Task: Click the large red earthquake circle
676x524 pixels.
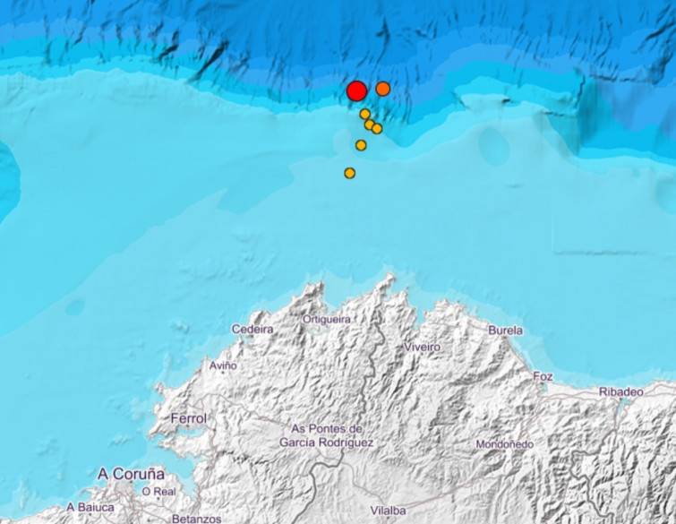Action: pos(355,90)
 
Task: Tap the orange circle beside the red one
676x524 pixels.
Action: pos(383,89)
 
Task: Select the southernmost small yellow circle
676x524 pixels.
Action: pos(350,173)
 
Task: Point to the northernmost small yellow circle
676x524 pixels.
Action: pos(365,114)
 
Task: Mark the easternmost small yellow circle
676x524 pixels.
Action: pos(377,129)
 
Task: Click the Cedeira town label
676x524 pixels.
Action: pos(252,330)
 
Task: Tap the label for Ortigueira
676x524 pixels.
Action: pos(327,319)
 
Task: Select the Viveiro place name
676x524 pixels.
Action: pos(423,347)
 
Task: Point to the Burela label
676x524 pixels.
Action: pos(505,331)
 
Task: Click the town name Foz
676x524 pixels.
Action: pos(543,376)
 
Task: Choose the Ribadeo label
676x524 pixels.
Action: pos(621,391)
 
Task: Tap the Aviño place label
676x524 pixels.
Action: pos(223,365)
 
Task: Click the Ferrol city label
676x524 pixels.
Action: pos(188,418)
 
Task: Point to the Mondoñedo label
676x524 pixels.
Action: pos(504,444)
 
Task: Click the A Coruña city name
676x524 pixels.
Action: pos(131,473)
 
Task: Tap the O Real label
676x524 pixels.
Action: pos(158,491)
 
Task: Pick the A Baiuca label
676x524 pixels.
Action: pos(90,507)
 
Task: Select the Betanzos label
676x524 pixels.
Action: pos(196,519)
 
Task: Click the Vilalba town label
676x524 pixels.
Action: pos(388,511)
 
